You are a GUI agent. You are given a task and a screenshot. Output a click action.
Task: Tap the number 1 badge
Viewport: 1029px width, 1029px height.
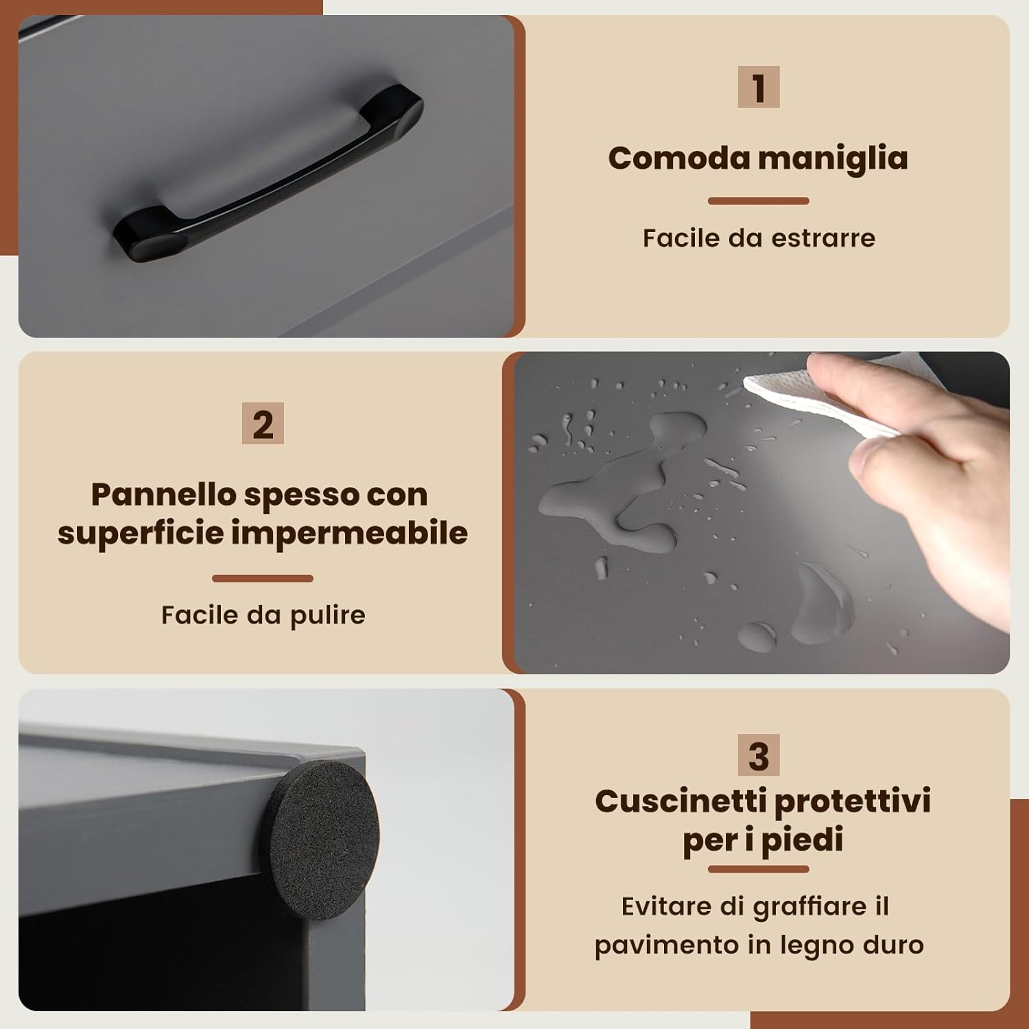[x=758, y=86]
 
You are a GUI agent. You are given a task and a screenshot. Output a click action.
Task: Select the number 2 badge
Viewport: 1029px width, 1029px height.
[x=263, y=423]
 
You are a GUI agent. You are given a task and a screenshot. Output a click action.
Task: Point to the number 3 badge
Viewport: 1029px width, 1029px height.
[x=758, y=755]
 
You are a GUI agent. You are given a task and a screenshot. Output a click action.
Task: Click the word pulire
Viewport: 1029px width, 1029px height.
[x=328, y=615]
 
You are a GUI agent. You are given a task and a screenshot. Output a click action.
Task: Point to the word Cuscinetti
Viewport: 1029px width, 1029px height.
[x=680, y=801]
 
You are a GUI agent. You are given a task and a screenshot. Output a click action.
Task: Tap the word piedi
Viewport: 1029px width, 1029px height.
[x=802, y=840]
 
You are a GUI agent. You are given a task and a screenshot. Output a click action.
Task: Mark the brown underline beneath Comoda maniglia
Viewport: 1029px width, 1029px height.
[x=758, y=201]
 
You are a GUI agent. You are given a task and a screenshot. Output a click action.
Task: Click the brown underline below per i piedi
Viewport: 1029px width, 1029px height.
[x=758, y=869]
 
